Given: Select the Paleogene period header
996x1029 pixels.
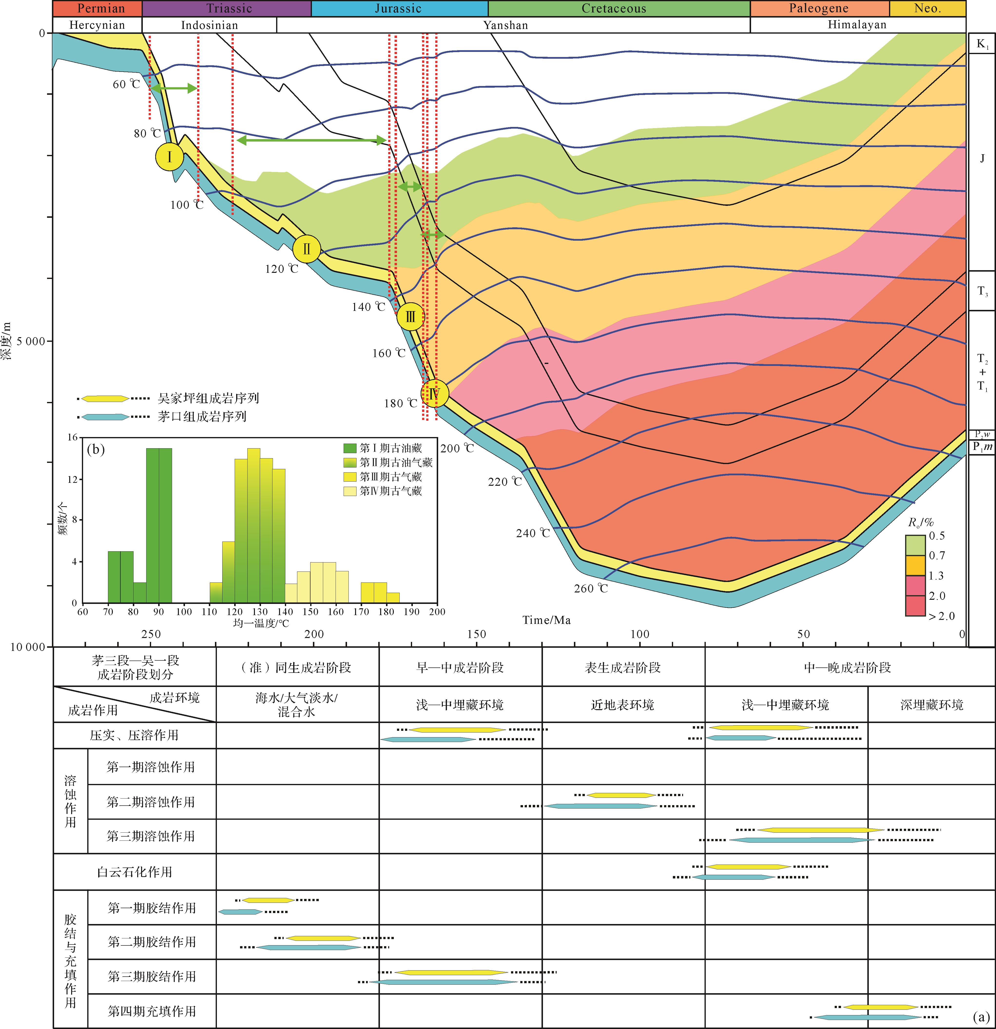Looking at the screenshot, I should [x=819, y=8].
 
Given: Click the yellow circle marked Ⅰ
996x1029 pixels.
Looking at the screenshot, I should [x=169, y=156].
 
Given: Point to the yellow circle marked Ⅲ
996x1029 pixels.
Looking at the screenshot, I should [x=410, y=317].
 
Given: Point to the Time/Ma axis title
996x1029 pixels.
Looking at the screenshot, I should [x=546, y=620].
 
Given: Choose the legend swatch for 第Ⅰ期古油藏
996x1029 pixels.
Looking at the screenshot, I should [x=350, y=448].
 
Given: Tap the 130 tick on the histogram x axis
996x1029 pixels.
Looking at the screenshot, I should [x=260, y=612].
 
